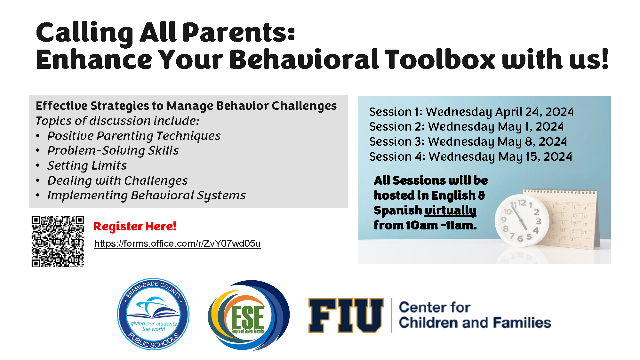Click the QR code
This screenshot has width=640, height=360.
click(x=58, y=241)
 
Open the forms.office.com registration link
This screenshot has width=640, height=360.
click(x=178, y=244)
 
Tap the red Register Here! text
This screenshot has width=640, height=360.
click(x=135, y=226)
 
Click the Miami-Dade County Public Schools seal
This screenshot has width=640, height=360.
click(x=153, y=314)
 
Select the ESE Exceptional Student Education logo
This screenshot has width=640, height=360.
click(x=249, y=315)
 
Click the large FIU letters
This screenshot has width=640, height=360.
click(x=346, y=316)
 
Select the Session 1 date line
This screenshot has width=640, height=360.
click(x=471, y=112)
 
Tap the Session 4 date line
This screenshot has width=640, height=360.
click(x=470, y=156)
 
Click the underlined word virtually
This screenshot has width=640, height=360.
click(x=451, y=211)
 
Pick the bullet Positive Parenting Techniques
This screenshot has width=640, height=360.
click(x=134, y=136)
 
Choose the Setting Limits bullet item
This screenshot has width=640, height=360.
click(x=87, y=165)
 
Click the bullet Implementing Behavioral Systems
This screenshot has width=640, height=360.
click(x=147, y=195)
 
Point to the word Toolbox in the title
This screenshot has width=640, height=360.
click(x=440, y=59)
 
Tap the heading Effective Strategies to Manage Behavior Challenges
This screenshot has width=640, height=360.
click(x=186, y=106)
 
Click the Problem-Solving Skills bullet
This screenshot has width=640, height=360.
click(x=113, y=150)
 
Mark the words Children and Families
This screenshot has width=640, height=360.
click(x=475, y=323)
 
